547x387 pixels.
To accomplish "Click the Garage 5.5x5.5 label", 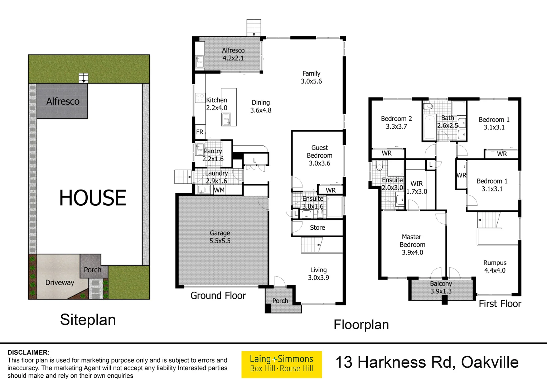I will [x=220, y=237].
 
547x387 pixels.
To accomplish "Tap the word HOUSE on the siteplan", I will [x=93, y=198].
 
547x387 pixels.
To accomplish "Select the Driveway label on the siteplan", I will [x=59, y=282].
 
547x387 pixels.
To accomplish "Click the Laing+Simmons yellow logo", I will [x=281, y=364].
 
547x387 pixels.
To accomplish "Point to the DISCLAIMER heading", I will [x=29, y=352].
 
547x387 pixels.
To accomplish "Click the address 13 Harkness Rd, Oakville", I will [x=427, y=362].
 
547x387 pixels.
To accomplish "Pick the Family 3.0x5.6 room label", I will [x=311, y=77].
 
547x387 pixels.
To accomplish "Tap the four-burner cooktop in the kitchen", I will [x=200, y=98].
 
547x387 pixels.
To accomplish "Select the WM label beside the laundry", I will [x=219, y=190].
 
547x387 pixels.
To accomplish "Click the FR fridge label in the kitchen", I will [x=200, y=132].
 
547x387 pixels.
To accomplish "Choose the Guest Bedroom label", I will [x=319, y=155].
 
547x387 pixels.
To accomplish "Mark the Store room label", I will [x=317, y=228].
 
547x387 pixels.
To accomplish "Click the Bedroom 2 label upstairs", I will [x=396, y=122].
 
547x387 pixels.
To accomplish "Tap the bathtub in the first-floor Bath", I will [x=429, y=127].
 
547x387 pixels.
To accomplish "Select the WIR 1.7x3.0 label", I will [x=416, y=187].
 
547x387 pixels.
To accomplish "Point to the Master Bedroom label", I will [x=412, y=244].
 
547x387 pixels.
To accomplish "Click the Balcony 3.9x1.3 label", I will [x=441, y=287].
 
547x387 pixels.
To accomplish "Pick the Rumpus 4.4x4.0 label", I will [x=495, y=267].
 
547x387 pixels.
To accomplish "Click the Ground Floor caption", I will [x=218, y=296].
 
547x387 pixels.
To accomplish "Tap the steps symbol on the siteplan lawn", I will [x=83, y=78].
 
